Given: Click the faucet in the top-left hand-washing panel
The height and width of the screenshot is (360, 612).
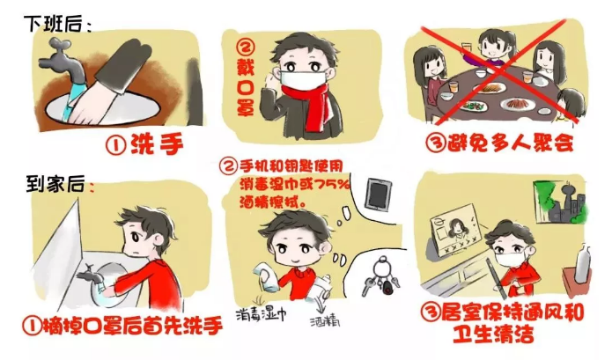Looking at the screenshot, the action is (x=63, y=62).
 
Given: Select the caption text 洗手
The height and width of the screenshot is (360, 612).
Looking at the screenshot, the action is (x=157, y=144).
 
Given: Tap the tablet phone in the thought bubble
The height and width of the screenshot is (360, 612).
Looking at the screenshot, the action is (x=378, y=195).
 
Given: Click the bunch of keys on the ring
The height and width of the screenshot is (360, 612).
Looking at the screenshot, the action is (x=381, y=278).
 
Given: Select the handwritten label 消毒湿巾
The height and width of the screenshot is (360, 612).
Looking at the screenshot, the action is (x=261, y=314).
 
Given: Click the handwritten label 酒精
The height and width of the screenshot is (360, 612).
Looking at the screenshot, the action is (x=325, y=321).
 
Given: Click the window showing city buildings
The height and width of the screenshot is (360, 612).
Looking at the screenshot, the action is (x=559, y=202).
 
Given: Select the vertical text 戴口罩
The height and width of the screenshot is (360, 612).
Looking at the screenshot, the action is (x=246, y=78).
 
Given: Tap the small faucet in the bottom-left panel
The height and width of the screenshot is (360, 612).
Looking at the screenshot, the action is (x=90, y=275).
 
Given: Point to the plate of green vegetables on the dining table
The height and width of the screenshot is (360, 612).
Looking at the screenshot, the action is (x=473, y=106).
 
